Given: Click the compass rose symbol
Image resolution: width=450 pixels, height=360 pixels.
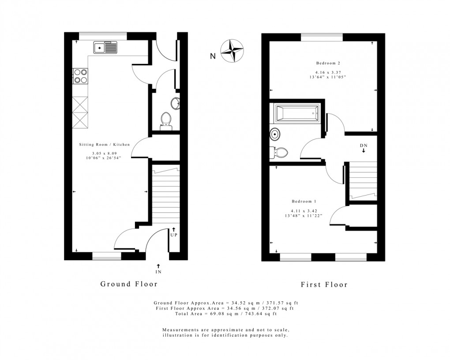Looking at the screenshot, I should point(232,50).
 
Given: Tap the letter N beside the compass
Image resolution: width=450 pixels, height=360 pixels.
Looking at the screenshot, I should point(213,56).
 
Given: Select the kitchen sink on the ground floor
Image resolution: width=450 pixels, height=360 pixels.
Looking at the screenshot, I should point(105,47).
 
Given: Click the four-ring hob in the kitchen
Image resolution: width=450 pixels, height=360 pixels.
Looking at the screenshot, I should point(80,76).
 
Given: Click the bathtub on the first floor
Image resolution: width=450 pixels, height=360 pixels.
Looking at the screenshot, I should point(297,113).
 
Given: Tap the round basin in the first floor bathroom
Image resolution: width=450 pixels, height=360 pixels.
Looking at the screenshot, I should point(276,134).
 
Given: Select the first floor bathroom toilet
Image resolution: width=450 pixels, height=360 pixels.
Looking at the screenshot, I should point(280,153).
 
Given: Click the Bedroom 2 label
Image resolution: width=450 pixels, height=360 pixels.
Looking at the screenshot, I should point(327,63).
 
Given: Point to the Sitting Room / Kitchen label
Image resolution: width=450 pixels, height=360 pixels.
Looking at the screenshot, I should point(105,145).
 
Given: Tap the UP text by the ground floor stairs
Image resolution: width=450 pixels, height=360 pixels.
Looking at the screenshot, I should point(174,235).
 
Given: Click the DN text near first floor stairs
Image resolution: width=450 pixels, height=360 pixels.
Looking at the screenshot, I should point(363,145).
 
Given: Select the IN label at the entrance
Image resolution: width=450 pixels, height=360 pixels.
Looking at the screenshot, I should point(158,272).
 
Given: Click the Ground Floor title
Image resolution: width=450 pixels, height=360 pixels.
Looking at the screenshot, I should point(129,284).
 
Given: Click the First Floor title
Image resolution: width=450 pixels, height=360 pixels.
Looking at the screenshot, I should point(324,285).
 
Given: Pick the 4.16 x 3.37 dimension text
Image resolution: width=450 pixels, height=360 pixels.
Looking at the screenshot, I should point(327,72).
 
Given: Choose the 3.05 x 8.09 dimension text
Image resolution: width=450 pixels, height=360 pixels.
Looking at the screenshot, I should point(105,153).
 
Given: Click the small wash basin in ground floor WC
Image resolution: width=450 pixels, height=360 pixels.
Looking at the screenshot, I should point(176,104).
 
